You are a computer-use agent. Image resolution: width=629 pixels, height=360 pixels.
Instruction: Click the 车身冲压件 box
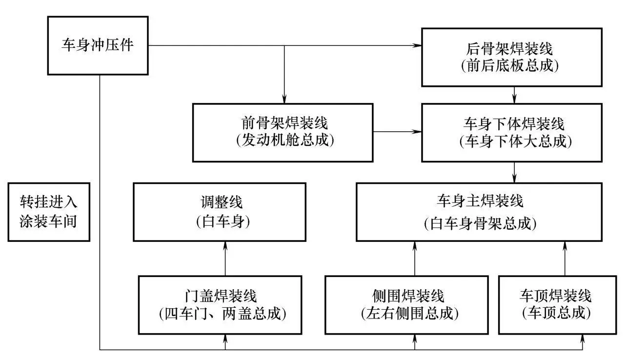[98, 46]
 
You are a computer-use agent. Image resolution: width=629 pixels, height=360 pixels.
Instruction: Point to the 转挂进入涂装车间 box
[49, 212]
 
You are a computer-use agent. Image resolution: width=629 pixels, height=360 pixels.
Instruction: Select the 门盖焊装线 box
[225, 305]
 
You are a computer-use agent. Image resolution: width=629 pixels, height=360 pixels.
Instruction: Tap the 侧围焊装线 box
[406, 305]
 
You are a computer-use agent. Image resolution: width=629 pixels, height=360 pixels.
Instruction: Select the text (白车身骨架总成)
[480, 223]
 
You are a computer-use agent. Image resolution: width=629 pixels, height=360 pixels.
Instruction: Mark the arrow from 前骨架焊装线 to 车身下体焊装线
[398, 132]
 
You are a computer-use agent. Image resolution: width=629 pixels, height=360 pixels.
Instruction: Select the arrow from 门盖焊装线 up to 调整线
[225, 259]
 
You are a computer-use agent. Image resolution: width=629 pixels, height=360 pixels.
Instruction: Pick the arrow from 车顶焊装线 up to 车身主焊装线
[565, 259]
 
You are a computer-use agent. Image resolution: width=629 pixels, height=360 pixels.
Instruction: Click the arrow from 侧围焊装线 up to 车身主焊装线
[415, 259]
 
